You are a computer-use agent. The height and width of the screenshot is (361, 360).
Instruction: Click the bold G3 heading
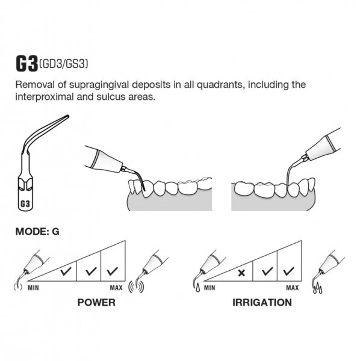coord(26,64)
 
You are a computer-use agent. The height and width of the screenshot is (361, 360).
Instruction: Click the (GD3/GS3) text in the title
coord(64,64)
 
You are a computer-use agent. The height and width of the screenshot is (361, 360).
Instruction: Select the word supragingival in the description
coord(99,85)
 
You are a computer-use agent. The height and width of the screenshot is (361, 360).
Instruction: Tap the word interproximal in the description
coord(45,97)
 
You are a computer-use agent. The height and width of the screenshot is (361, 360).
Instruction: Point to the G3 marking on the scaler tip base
coord(25,204)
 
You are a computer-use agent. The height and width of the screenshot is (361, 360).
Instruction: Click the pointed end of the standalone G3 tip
coord(68,116)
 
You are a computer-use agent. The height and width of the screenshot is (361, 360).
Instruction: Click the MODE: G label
coord(37,232)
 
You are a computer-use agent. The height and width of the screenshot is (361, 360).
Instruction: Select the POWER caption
coord(96,302)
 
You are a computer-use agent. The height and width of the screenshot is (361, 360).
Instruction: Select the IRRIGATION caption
coord(262,302)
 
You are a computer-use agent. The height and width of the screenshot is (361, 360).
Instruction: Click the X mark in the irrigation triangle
coord(241,273)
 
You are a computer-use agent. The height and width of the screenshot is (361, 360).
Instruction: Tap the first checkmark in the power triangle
coord(66,271)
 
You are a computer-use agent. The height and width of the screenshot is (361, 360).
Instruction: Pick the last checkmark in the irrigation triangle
coord(288,271)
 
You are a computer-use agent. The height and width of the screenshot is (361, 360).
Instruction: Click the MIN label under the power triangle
coord(33,288)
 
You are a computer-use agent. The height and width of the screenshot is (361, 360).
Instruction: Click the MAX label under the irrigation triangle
coord(293,288)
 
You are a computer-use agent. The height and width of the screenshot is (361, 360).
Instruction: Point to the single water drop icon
coord(197,289)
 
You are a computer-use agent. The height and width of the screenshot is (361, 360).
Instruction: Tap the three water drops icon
coord(318,288)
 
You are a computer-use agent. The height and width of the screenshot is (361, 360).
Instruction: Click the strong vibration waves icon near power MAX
coord(136,287)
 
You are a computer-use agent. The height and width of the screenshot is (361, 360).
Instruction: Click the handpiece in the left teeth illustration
coord(104,159)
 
